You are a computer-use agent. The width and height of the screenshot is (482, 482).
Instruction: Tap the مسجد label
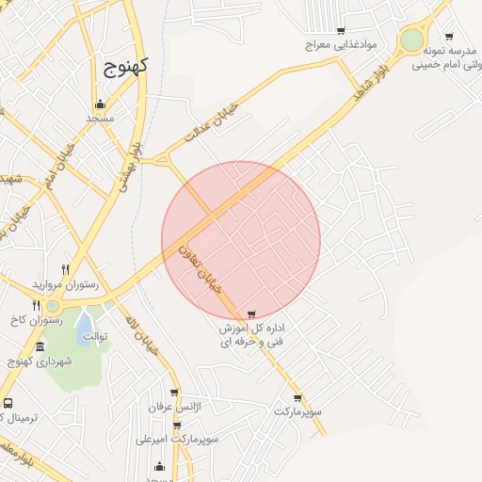click(100, 119)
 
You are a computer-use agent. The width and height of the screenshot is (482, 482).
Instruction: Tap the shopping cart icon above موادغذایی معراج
click(340, 31)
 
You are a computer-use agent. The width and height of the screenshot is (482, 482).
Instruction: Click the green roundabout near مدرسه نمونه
click(411, 40)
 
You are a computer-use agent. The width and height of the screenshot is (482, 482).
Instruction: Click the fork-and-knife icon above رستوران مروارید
click(65, 269)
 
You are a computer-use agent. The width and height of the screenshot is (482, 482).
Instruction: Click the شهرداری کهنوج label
click(34, 361)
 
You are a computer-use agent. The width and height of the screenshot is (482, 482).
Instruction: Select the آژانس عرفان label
click(175, 407)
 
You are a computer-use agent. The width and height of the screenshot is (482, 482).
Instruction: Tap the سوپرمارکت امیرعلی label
click(178, 439)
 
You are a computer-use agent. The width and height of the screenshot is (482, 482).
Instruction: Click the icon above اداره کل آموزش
click(250, 314)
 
